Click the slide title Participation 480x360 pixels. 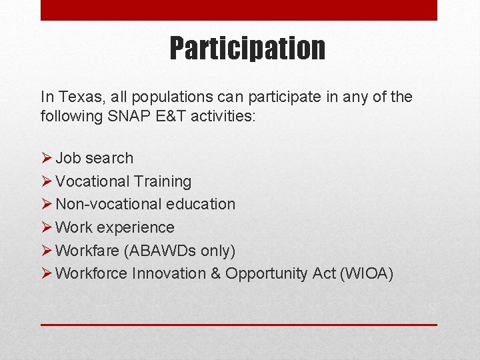pos(247,48)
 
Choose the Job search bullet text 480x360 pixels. pos(94,158)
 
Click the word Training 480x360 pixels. pos(162,181)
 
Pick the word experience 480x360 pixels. pos(138,227)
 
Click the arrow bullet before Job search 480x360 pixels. pos(46,158)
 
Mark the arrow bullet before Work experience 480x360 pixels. pos(46,227)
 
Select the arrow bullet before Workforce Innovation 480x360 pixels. pos(46,273)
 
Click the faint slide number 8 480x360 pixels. pos(432,309)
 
